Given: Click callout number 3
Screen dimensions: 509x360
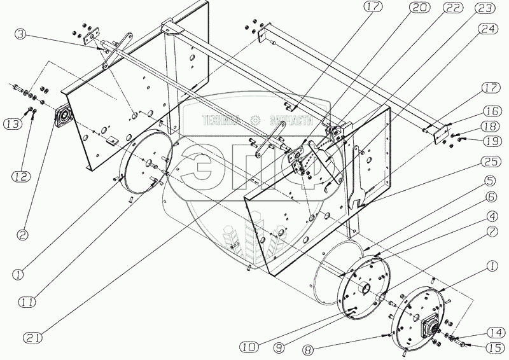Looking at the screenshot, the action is coord(20,34).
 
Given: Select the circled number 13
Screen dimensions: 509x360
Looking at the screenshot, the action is coord(11,123).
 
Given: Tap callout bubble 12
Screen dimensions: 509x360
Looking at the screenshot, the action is coord(22,176).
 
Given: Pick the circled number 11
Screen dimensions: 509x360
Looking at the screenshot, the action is coord(27,302).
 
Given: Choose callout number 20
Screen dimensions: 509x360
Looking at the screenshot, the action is coord(419,7).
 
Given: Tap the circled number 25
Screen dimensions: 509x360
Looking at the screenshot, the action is coord(491,162).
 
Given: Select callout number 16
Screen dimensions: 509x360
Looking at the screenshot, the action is coord(492,111).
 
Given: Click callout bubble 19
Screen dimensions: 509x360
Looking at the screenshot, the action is coord(492,141).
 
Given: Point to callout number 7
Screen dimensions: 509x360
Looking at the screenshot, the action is coord(492,232).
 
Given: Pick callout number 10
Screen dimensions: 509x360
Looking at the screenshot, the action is coord(249,347).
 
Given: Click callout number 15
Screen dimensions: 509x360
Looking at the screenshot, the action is coord(494,348).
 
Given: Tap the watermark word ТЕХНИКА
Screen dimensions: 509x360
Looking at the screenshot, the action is coord(221,120).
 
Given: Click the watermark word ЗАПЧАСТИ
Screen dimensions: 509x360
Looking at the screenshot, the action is coord(291,120).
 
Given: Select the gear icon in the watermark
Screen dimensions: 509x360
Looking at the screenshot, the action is coord(254,121).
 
